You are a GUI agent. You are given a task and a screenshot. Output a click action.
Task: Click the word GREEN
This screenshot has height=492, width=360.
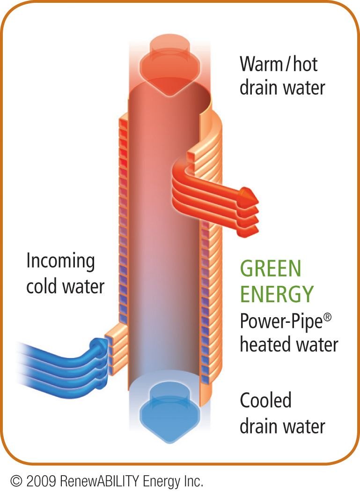(x=271, y=268)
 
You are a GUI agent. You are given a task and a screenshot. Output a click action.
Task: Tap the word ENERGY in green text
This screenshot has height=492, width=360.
(x=277, y=294)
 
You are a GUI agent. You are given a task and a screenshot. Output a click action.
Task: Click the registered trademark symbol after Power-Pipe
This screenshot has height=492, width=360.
(x=327, y=317)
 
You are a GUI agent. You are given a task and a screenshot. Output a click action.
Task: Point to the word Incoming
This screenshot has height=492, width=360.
(x=60, y=261)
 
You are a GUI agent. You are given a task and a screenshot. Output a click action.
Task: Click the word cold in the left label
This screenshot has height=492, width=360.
(x=41, y=286)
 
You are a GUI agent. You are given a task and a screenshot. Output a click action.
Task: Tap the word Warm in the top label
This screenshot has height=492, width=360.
(x=261, y=64)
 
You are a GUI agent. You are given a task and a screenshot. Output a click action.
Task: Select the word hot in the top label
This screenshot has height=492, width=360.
(x=305, y=64)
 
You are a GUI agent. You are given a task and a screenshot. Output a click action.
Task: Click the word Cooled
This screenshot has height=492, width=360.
(x=265, y=400)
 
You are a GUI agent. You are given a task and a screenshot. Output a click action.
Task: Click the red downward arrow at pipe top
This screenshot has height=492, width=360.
(x=169, y=67)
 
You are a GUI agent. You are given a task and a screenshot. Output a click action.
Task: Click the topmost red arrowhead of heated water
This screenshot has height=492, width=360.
(x=250, y=195)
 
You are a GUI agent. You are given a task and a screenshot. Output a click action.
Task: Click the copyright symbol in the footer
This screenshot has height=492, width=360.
(x=16, y=481)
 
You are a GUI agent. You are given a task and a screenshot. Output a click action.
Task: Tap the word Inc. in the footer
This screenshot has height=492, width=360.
(x=192, y=481)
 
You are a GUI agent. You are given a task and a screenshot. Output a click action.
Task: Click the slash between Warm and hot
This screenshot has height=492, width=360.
(x=288, y=64)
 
